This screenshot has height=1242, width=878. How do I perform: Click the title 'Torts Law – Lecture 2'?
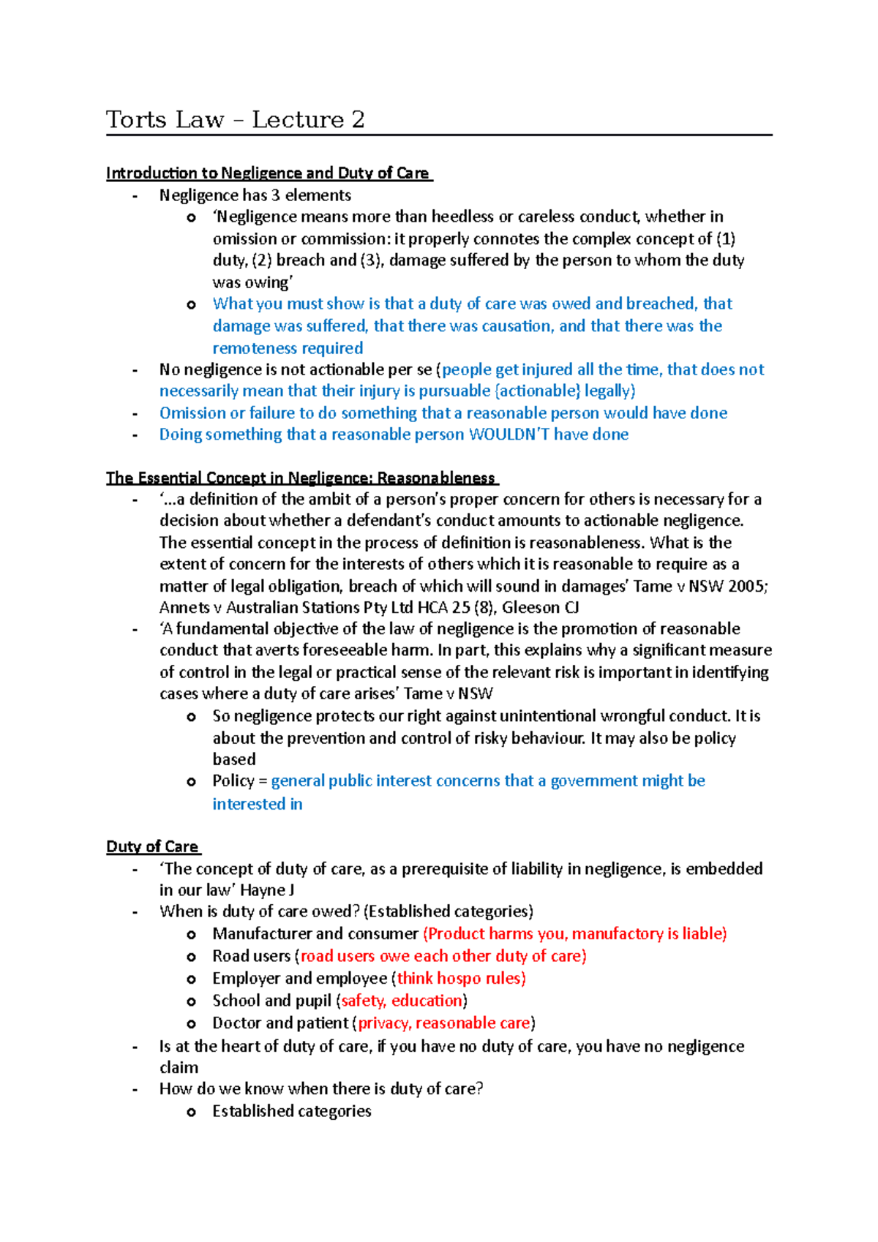(x=235, y=119)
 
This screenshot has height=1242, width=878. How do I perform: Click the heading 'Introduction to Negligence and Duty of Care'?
(x=268, y=173)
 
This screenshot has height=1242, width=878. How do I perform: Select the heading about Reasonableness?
(x=301, y=478)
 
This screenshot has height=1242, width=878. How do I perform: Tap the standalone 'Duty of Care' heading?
(x=152, y=847)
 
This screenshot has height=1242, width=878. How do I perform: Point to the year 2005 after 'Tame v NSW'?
(x=747, y=586)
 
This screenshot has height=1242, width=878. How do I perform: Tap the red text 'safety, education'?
(x=402, y=1001)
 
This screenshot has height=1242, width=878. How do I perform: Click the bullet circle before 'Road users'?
(x=191, y=957)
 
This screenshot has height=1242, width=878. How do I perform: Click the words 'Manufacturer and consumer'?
(x=315, y=934)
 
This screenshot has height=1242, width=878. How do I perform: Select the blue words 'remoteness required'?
(x=288, y=348)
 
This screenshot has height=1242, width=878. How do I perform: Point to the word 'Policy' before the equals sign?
(x=233, y=781)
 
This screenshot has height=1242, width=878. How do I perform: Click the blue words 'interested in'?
(x=257, y=804)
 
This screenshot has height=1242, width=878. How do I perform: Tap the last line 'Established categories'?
(x=291, y=1111)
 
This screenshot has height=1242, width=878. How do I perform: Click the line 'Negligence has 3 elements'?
(x=255, y=195)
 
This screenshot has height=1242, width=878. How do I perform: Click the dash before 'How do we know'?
(x=135, y=1090)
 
